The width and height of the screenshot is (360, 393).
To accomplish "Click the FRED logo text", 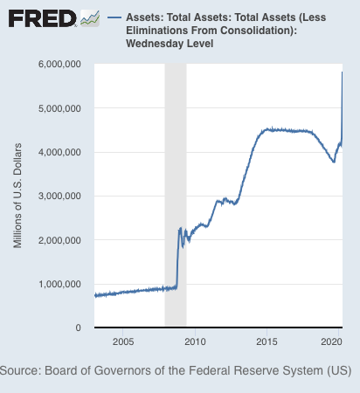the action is click(x=43, y=18).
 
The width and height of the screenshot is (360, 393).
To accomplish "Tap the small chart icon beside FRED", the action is click(x=90, y=18).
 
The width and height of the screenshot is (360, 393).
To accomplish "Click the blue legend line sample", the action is click(x=114, y=17).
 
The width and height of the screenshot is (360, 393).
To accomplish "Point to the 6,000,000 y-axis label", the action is click(x=59, y=64).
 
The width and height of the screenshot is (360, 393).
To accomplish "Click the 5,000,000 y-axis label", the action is click(x=59, y=108).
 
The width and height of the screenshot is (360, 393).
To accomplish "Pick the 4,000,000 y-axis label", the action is click(x=59, y=152).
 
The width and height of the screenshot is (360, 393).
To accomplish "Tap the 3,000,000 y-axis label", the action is click(x=59, y=196).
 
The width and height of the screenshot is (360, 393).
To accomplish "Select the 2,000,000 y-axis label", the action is click(x=59, y=240).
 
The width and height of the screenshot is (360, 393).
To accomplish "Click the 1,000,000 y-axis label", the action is click(x=59, y=284).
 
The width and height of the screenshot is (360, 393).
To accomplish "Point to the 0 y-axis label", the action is click(x=78, y=327).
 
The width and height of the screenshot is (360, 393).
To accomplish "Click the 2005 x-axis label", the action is click(x=123, y=341).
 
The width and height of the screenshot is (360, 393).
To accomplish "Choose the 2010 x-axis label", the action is click(x=195, y=341).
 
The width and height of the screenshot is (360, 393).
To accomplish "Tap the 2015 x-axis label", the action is click(x=267, y=341).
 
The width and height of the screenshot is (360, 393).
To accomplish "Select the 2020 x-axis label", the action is click(x=331, y=341).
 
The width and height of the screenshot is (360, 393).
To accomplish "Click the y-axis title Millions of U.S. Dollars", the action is click(x=17, y=196).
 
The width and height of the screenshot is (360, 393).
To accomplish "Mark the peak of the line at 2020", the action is click(x=342, y=72).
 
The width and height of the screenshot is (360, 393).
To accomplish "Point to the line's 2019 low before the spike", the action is click(x=334, y=162).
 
